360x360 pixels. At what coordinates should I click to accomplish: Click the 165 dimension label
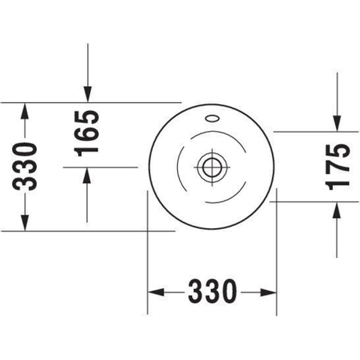click(x=86, y=133)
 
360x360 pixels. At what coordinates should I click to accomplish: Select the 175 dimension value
click(x=339, y=166)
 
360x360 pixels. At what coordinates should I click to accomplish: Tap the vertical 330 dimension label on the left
click(x=25, y=166)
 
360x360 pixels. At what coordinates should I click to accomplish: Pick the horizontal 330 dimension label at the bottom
click(x=212, y=291)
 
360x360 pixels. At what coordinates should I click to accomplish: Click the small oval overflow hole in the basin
click(x=212, y=118)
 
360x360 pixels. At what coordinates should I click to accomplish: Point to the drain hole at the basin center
click(x=212, y=167)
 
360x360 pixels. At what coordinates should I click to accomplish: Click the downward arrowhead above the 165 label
click(x=88, y=94)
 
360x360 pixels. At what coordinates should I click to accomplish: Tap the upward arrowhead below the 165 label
click(x=87, y=175)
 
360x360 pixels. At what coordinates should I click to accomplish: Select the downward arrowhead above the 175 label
click(x=337, y=123)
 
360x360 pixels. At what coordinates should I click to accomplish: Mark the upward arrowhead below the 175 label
click(x=337, y=210)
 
